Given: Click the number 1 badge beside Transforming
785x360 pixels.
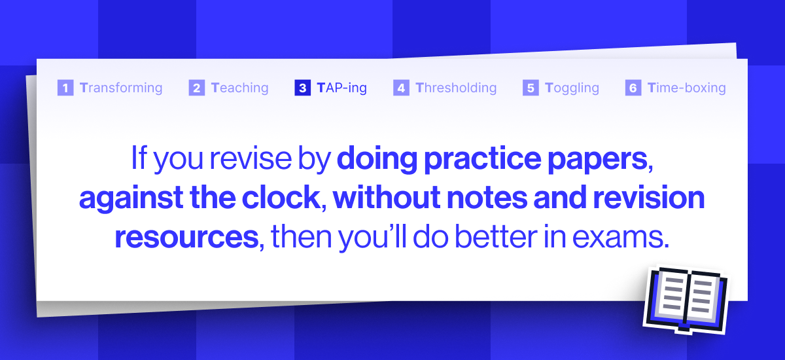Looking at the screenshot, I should [x=65, y=88].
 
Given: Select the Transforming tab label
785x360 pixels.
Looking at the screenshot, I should [x=121, y=88].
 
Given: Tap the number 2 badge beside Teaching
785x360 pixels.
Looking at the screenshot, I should [x=197, y=88].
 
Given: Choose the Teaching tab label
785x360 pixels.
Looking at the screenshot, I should [x=239, y=88].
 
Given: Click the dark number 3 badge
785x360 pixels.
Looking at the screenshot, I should [x=303, y=88].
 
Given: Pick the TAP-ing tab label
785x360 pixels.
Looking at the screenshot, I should [x=341, y=88].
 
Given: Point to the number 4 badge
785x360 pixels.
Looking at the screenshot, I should [x=401, y=88].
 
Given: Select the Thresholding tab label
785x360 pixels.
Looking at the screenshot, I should [x=456, y=88].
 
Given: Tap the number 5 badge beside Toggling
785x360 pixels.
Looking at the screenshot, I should [x=531, y=88].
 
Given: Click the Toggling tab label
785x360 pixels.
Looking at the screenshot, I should [x=572, y=88].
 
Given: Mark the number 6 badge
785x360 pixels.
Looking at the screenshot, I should [x=633, y=88].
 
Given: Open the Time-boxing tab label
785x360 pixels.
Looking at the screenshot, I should [x=686, y=88].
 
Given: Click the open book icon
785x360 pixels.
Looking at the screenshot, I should [x=685, y=298].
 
